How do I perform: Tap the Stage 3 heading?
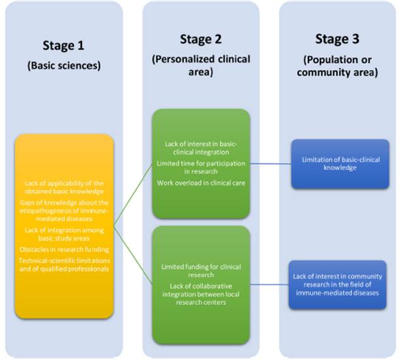click(337, 39)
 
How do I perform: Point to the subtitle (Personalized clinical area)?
click(201, 65)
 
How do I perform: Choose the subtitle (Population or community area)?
click(338, 65)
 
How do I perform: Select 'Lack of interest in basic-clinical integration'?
click(200, 148)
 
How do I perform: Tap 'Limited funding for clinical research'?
click(200, 271)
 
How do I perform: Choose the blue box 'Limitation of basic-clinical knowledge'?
click(339, 162)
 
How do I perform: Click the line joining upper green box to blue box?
click(270, 163)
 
